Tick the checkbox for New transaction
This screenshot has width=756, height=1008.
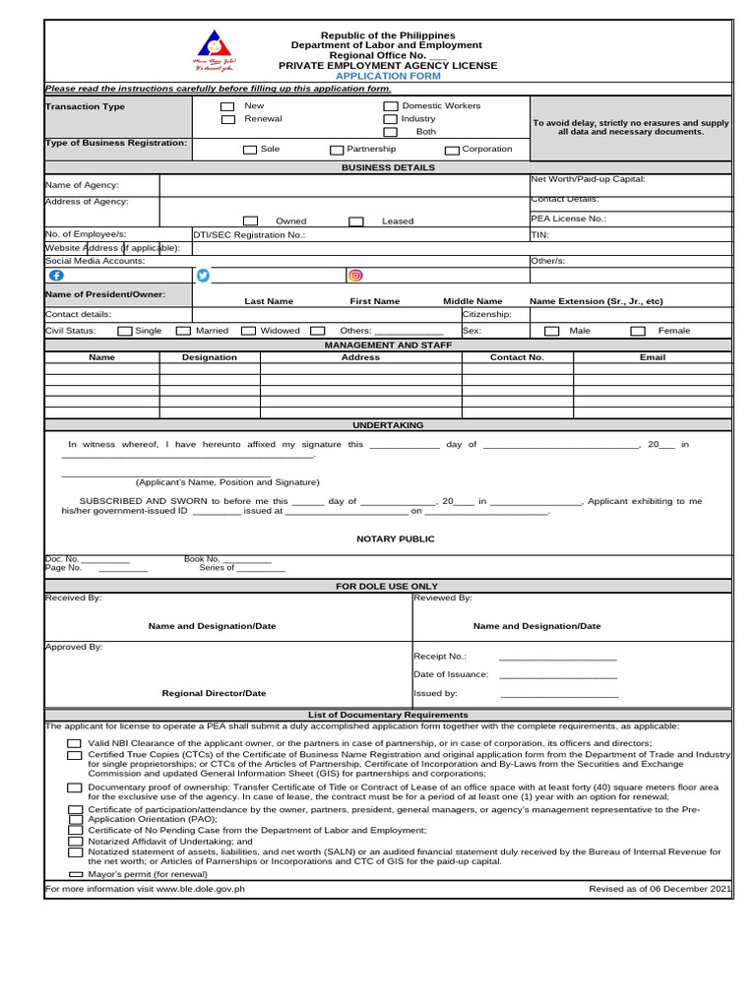[227, 105]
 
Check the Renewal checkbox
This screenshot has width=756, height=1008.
[227, 119]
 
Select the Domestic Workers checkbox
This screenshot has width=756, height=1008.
[390, 105]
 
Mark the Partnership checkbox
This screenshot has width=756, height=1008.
[337, 150]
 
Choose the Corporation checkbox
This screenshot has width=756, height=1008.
[452, 150]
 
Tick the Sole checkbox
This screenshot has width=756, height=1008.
[250, 150]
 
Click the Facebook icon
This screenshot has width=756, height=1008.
[55, 276]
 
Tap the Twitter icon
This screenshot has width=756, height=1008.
[204, 276]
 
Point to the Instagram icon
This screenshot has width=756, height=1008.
[355, 276]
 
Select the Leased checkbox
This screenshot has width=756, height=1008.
[356, 221]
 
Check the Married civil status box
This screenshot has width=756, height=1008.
[183, 331]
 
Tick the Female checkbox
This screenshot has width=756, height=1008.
[638, 331]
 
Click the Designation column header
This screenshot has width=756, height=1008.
[210, 357]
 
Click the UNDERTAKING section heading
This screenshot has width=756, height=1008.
[388, 425]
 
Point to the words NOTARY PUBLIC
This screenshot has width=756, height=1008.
[395, 539]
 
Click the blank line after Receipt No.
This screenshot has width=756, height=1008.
[557, 658]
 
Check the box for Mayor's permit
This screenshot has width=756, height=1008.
[76, 874]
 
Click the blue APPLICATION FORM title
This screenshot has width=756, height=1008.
[387, 76]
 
